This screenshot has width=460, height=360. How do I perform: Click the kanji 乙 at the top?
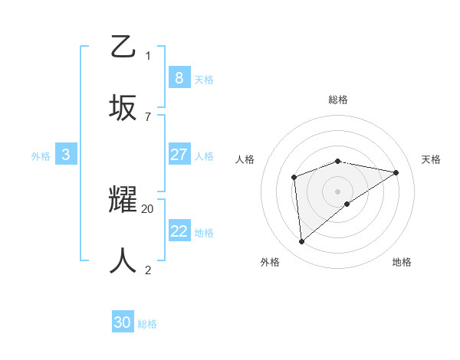(123, 47)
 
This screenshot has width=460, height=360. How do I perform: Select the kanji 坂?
(123, 107)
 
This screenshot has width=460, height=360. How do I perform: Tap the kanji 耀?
(123, 201)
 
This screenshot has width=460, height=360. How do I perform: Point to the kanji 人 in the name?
(123, 260)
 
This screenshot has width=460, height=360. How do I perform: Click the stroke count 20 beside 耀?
(148, 208)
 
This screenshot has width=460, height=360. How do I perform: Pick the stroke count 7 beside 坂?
(148, 116)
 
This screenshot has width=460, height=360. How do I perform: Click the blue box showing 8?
(179, 78)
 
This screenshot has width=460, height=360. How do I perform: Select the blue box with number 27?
(179, 155)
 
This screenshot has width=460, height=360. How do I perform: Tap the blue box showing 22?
(179, 231)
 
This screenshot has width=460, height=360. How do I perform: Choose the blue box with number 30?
(123, 322)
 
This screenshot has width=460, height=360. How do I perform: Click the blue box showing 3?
(66, 155)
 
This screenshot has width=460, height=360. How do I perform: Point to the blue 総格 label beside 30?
(148, 324)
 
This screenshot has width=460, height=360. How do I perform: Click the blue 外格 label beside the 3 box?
(41, 156)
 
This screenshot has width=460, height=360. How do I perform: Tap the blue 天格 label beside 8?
(204, 80)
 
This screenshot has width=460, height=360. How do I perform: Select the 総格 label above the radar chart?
(338, 100)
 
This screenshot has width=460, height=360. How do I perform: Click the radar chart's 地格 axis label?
(402, 262)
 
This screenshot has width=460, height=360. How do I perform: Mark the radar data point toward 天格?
(396, 172)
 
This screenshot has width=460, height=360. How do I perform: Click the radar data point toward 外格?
(302, 241)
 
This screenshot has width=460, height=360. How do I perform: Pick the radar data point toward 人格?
(294, 178)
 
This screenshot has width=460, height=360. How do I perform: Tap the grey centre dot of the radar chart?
(338, 191)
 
